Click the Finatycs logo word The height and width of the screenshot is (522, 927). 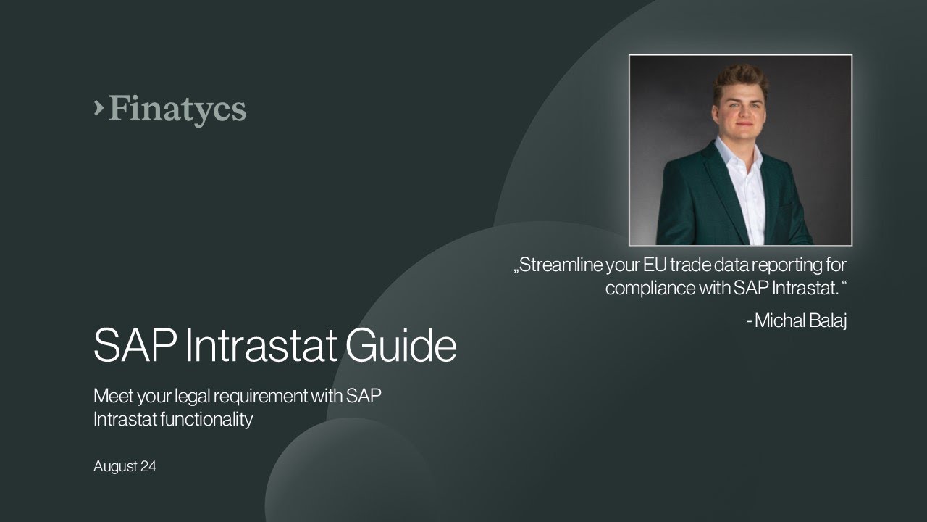pos(177,109)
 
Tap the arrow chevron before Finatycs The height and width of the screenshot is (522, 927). pos(98,107)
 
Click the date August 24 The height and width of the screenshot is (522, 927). pos(125,467)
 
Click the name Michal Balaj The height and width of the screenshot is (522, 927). pos(800,320)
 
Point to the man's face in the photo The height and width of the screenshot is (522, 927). pos(740,109)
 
